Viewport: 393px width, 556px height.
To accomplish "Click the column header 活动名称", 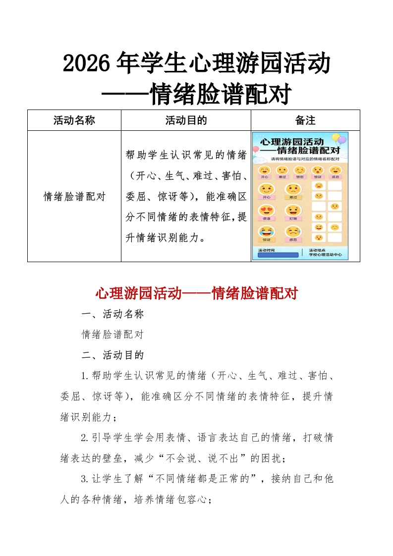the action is pos(74,120).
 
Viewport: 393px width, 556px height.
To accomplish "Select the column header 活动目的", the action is pos(186,120).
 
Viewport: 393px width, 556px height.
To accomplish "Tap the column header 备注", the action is pos(305,120).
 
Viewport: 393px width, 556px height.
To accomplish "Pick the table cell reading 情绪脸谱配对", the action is pos(74,196).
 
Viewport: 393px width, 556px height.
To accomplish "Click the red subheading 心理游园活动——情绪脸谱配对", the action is pos(196,293).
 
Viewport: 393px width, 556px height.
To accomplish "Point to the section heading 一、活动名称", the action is pos(112,314).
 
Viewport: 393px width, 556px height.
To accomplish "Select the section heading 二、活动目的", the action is pos(112,355).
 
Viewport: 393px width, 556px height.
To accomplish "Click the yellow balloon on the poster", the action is pos(336,137).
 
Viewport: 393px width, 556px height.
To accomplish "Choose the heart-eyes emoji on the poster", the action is pos(266,211).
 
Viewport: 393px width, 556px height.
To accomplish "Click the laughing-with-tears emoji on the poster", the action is pos(266,231).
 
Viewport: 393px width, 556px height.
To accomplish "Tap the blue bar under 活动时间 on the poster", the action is pos(278,255).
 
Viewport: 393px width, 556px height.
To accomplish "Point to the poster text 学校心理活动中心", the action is pos(325,255).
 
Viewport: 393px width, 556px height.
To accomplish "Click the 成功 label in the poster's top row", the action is pos(336,177).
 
